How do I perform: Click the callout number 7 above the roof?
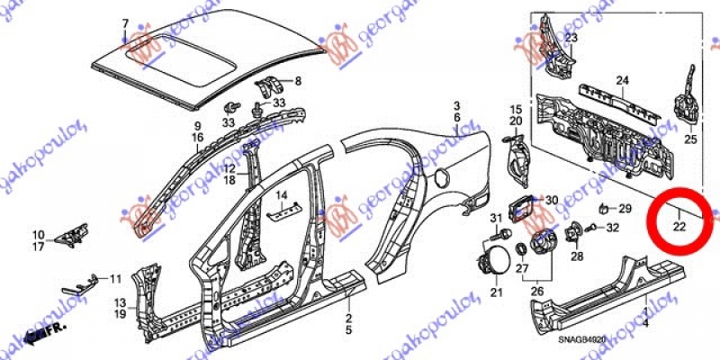pyautogui.click(x=125, y=22)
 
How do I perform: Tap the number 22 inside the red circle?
pyautogui.click(x=680, y=227)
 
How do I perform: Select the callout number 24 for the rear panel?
pyautogui.click(x=621, y=81)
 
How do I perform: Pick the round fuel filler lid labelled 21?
pyautogui.click(x=497, y=266)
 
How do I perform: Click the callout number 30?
pyautogui.click(x=553, y=200)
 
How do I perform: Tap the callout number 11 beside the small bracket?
pyautogui.click(x=115, y=278)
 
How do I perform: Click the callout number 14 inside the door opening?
pyautogui.click(x=281, y=195)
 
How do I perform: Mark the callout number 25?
pyautogui.click(x=691, y=139)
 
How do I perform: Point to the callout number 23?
pyautogui.click(x=571, y=37)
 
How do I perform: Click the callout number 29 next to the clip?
pyautogui.click(x=625, y=209)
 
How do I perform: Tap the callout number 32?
pyautogui.click(x=612, y=229)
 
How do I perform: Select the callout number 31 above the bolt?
pyautogui.click(x=496, y=220)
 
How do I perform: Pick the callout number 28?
pyautogui.click(x=578, y=256)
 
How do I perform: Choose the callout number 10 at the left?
pyautogui.click(x=39, y=234)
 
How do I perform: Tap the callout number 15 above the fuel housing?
pyautogui.click(x=517, y=109)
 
